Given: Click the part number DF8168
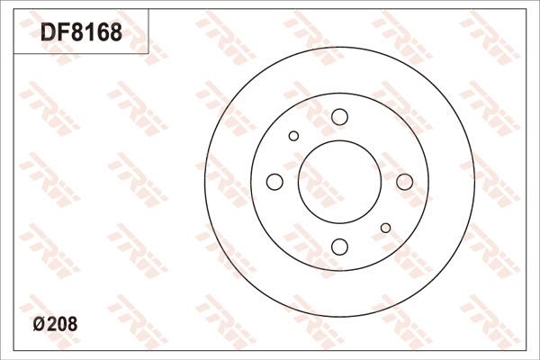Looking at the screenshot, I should pos(80,33).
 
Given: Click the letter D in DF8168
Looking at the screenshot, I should pos(46,33).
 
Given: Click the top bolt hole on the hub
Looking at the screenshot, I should pos(339,117).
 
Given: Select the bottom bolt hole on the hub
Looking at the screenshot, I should pos(339,247).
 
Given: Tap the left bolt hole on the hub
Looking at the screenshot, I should pos(274,182).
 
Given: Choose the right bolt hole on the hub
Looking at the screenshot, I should pos(404,182).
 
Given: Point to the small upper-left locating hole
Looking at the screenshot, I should pos(293,136).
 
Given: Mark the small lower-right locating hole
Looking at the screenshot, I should pos(385,228).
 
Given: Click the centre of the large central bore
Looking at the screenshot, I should pos(339,182).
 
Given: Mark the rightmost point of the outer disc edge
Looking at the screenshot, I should pos(474,182).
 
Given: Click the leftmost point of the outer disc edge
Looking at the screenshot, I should pos(204,182).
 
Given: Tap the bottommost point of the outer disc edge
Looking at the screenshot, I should pos(339,317).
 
